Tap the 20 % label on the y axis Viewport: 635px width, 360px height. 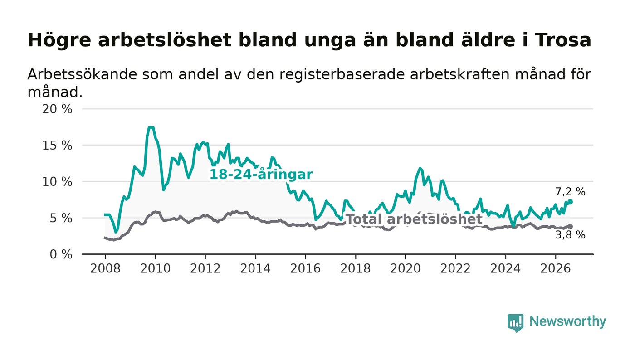pos(57,109)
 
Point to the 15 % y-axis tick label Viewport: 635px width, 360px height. pos(57,146)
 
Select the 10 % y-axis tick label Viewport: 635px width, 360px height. pos(57,182)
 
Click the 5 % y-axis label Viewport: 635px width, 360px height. pos(61,218)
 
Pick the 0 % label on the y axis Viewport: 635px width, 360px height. pos(61,254)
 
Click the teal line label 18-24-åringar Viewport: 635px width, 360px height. pos(261,175)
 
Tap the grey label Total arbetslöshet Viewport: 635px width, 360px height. pos(414,219)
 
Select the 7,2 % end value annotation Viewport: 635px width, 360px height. pos(570,192)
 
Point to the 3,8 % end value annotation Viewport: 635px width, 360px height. pos(570,235)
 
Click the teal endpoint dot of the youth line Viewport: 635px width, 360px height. pos(571,202)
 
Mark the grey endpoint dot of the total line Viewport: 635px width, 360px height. pos(571,226)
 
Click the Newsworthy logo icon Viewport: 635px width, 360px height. pos(515,323)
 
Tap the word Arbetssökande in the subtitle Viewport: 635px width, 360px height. pos(83,74)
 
